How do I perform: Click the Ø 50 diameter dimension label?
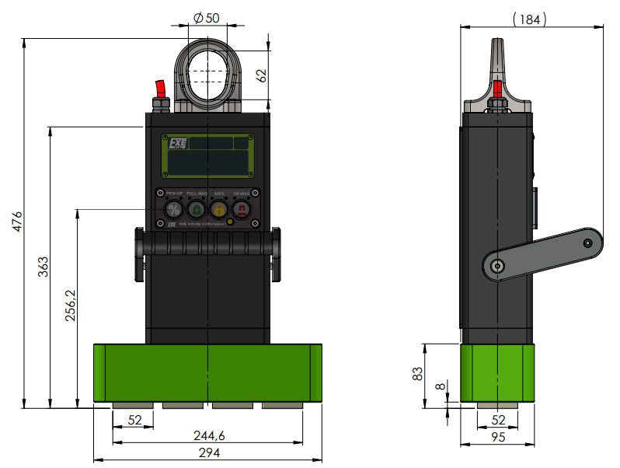pos(206,19)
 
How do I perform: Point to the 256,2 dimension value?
pos(70,306)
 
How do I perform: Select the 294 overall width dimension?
pos(207,452)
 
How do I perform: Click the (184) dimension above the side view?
pos(531,19)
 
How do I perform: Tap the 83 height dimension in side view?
pos(418,374)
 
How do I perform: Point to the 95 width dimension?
pos(498,438)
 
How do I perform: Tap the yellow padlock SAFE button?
pos(219,209)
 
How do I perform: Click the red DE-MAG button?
pos(242,209)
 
